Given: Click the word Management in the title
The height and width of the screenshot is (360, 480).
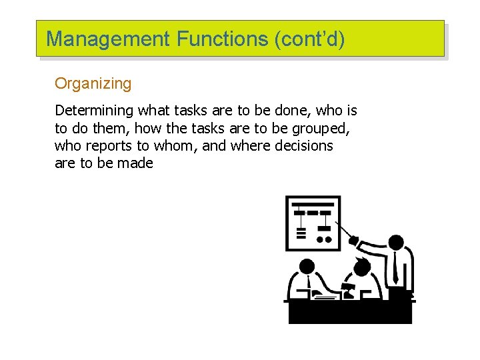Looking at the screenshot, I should click(x=108, y=39).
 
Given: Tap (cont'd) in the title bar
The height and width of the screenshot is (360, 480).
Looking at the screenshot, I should click(x=309, y=39).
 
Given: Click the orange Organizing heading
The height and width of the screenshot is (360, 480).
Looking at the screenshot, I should click(x=93, y=83).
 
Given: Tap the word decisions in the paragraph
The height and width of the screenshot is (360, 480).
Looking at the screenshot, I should click(x=303, y=145).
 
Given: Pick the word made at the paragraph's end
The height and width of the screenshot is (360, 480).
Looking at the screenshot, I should click(x=135, y=163).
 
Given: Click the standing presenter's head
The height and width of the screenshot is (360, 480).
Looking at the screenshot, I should click(x=396, y=243).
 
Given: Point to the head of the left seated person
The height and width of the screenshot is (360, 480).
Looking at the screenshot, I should click(x=307, y=267).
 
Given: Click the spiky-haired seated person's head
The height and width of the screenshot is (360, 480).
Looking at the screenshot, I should click(x=361, y=267).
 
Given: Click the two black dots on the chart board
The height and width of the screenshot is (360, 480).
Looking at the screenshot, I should click(x=324, y=239).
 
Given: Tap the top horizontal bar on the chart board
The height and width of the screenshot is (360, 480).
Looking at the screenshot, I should click(x=313, y=204).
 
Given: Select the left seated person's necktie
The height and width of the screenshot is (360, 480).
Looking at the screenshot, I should click(x=309, y=285).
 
